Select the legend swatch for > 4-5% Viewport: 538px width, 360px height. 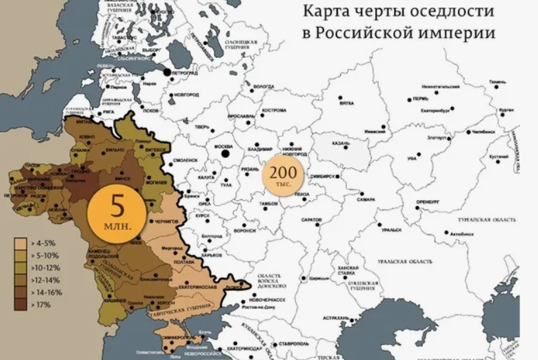[20, 243]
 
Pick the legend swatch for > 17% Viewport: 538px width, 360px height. [20, 304]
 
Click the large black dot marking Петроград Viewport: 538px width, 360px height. [167, 72]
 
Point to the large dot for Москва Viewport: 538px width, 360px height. [226, 154]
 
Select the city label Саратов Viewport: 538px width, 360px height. [312, 219]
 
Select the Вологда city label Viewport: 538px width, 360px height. [264, 87]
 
